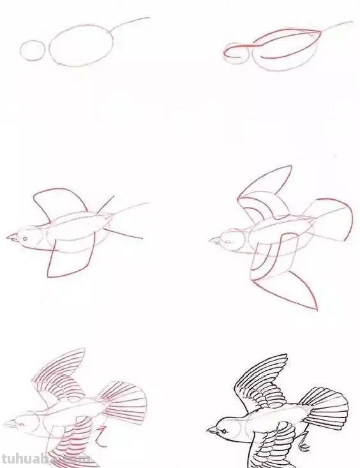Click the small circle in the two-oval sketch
pyautogui.click(x=33, y=50)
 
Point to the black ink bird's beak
pyautogui.click(x=211, y=431)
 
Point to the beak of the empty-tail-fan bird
pyautogui.click(x=213, y=241)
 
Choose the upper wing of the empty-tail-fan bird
pyautogui.click(x=265, y=192)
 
